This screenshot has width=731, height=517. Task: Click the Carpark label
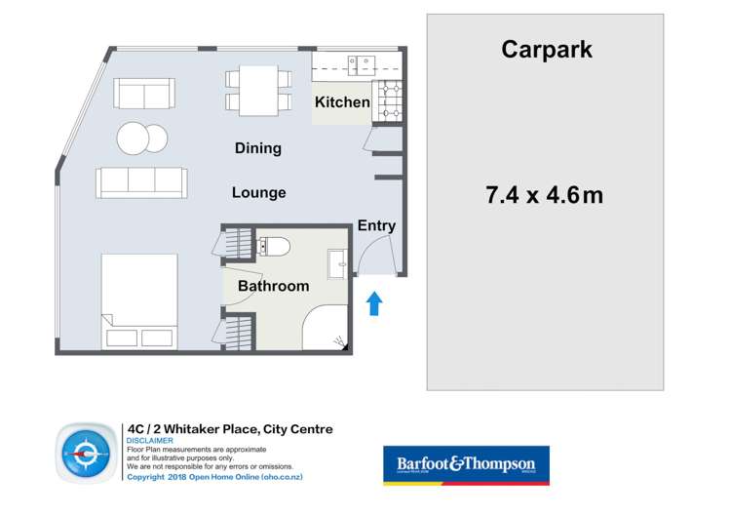pos(546,50)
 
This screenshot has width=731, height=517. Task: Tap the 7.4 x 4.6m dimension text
pos(544,195)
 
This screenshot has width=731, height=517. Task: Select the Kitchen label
pos(342,102)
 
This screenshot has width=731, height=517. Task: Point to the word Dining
pos(258,148)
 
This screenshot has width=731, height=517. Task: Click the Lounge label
pos(258,193)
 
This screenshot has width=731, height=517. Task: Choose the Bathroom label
pos(273,286)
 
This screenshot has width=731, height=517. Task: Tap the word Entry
pos(376,226)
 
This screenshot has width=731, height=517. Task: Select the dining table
pos(258,88)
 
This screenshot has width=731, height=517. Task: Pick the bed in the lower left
pos(139,301)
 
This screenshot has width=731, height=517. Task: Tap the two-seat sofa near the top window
pos(144,94)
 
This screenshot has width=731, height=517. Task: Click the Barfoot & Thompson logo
pos(466,465)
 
